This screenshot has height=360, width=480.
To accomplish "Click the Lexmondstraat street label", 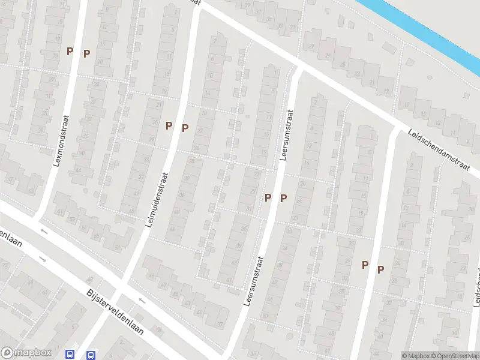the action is pyautogui.click(x=61, y=141).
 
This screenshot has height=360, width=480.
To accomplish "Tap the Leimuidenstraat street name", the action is pyautogui.click(x=157, y=200).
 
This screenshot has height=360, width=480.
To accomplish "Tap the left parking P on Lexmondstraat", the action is pyautogui.click(x=70, y=52).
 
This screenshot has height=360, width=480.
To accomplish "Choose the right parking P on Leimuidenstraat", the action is pyautogui.click(x=185, y=128).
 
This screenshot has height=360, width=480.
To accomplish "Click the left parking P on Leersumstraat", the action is pyautogui.click(x=268, y=197).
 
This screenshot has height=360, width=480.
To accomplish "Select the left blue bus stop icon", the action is pyautogui.click(x=70, y=355).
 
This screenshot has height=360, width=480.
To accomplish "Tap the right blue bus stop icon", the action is pyautogui.click(x=91, y=355).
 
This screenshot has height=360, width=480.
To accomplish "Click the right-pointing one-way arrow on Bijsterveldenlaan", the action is pyautogui.click(x=43, y=259).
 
